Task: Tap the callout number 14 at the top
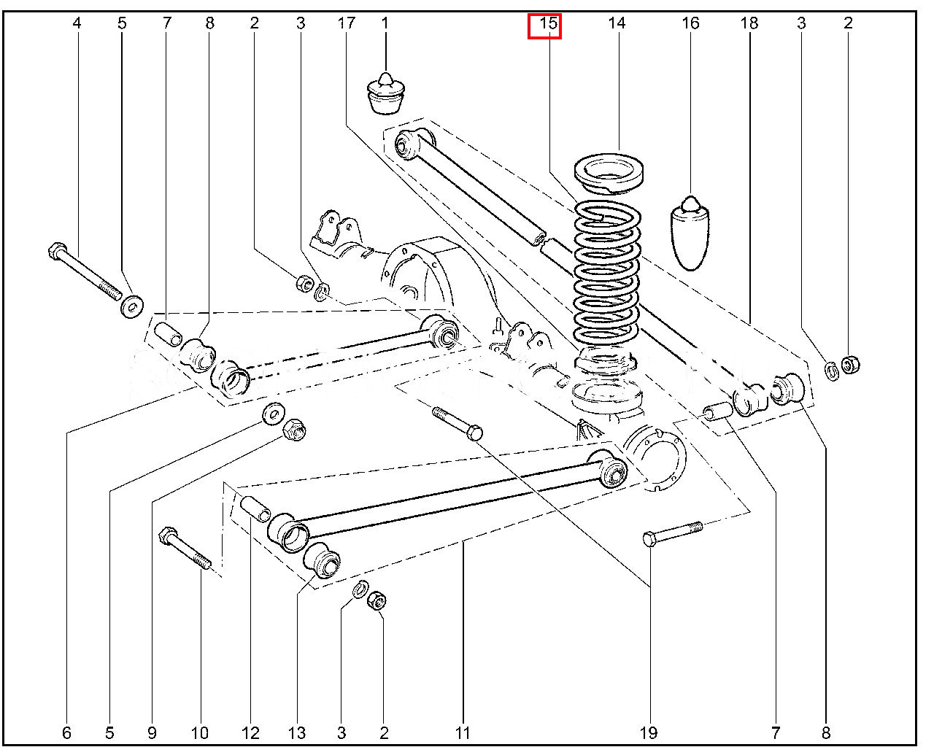point(617,23)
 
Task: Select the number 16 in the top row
point(690,23)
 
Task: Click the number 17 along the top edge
point(346,23)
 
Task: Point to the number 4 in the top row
point(77,23)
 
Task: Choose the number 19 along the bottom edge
point(648,732)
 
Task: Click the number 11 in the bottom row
point(462,732)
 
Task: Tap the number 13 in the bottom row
point(297,732)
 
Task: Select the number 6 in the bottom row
point(67,732)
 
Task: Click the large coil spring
point(607,277)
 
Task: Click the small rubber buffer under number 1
point(385,93)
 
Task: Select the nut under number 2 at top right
point(849,364)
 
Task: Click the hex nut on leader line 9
point(293,430)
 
